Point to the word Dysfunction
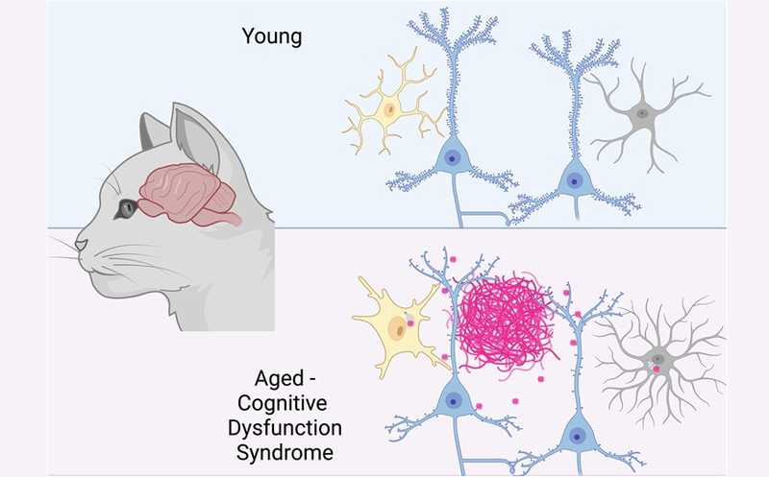tap(273, 425)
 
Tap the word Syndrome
tap(273, 448)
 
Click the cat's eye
tap(126, 208)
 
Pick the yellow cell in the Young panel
tap(390, 110)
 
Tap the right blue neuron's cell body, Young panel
tap(574, 178)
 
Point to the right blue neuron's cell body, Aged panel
tap(579, 435)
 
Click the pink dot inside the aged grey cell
tap(657, 368)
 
